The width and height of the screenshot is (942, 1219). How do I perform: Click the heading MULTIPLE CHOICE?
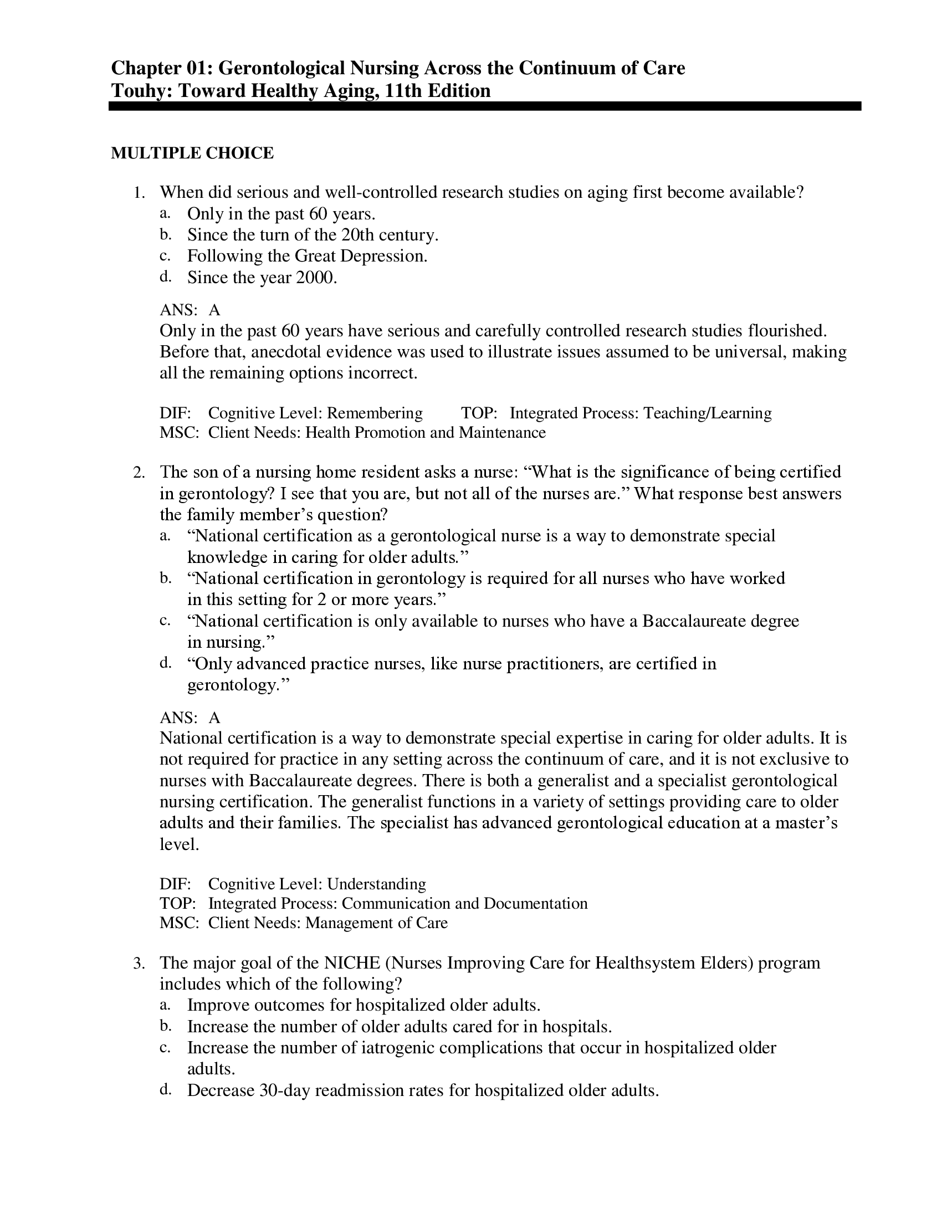click(x=192, y=153)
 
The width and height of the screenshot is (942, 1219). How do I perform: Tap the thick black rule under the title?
click(x=484, y=106)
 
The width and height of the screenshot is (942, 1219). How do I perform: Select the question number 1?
click(x=139, y=194)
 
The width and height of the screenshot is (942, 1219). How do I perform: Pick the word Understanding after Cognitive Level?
click(x=376, y=884)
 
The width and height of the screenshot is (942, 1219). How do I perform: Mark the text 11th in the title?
click(x=402, y=90)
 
